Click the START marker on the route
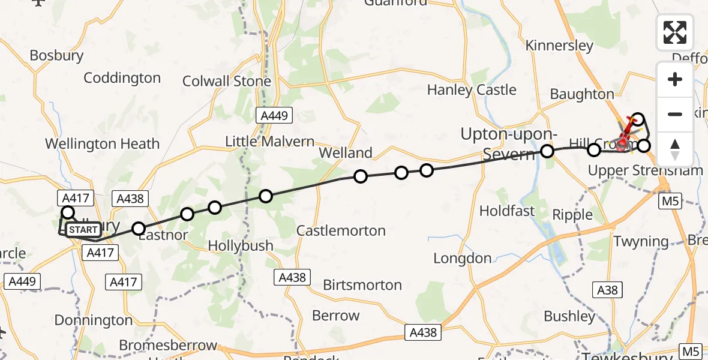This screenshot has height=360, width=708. [x=82, y=229]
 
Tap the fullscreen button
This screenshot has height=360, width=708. [x=675, y=32]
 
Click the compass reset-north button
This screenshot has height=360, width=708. [x=675, y=149]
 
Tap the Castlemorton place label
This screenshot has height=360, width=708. [x=341, y=231]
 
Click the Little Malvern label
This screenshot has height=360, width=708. [x=269, y=142]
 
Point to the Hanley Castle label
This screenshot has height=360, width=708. [x=472, y=90]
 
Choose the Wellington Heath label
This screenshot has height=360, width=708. [x=103, y=144]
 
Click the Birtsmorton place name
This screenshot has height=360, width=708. [x=362, y=285]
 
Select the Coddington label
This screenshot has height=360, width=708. [x=122, y=78]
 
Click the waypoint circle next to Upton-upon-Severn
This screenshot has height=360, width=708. [x=547, y=151]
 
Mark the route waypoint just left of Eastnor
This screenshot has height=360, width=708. [x=139, y=228]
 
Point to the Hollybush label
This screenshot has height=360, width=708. [x=241, y=246]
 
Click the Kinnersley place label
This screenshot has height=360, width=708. [x=559, y=46]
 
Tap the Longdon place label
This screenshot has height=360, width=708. [x=463, y=259]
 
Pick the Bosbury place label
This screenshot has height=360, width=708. [x=56, y=56]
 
